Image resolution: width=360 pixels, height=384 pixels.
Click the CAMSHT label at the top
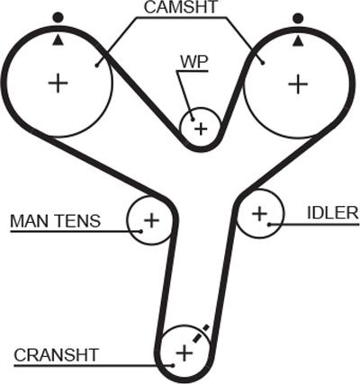coord(180,7)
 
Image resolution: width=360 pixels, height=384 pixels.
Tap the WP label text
coord(193,62)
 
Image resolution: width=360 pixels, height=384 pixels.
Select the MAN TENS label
coord(55,221)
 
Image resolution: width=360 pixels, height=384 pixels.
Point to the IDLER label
coord(333,213)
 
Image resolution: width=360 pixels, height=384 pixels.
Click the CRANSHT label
coord(57,355)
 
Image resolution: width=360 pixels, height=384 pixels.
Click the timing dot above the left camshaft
coord(58,17)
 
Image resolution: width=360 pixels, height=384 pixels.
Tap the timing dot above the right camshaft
coord(298,19)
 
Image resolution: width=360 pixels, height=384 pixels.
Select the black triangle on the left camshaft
coord(58,40)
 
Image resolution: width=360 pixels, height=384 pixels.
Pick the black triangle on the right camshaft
coord(298,41)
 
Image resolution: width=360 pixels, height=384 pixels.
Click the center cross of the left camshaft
coord(58,83)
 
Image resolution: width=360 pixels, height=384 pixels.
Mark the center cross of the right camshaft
coord(298,84)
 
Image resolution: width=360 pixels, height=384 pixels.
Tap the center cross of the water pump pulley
coord(201,129)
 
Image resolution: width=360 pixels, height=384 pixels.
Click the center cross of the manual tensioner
coord(151,220)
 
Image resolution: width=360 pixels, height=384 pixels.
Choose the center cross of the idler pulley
coord(259,214)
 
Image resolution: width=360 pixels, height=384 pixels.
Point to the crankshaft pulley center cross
coord(184,353)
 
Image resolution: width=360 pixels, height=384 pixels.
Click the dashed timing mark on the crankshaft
coord(201,334)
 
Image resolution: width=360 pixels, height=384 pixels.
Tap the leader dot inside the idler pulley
coord(269,224)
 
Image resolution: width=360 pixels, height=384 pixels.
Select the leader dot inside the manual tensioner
coord(141,231)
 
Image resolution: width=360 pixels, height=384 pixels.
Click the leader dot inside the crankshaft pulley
coord(173,365)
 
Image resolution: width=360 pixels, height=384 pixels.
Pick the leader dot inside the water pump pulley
coord(193,120)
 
